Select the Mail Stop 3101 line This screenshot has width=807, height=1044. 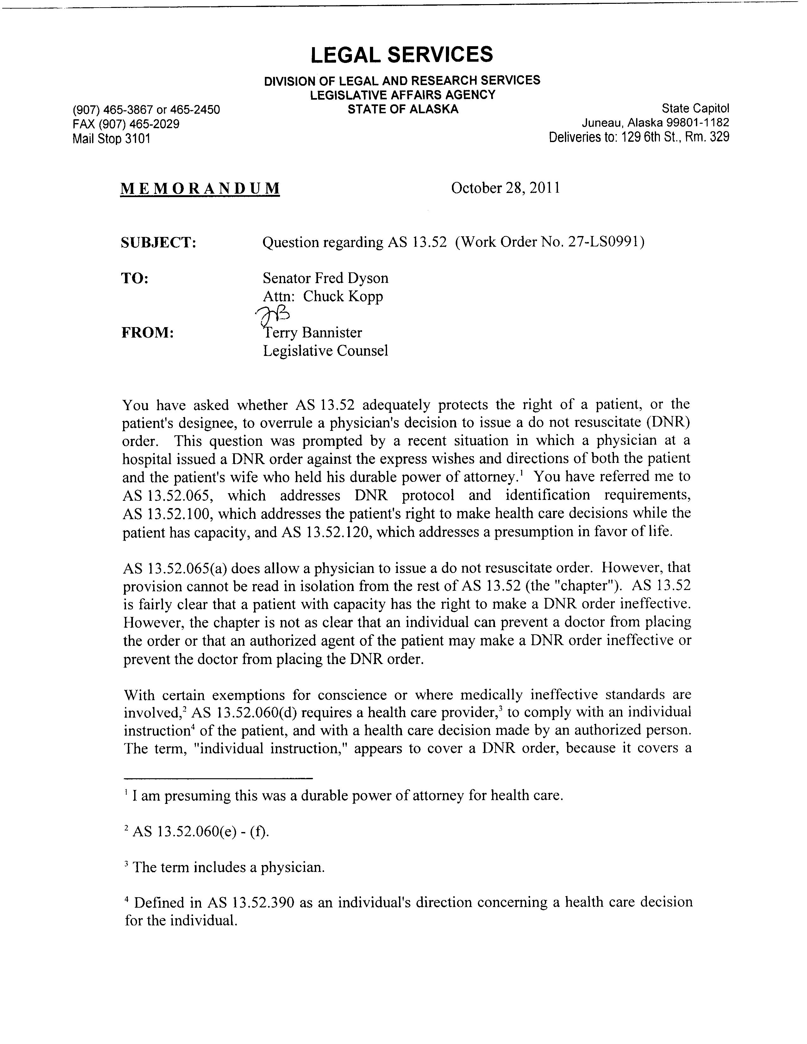tap(111, 139)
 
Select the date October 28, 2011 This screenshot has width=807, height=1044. tap(505, 188)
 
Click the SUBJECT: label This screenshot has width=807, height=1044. tap(159, 243)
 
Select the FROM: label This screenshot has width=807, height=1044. tap(148, 333)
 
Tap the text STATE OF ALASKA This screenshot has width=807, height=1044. tap(403, 109)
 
